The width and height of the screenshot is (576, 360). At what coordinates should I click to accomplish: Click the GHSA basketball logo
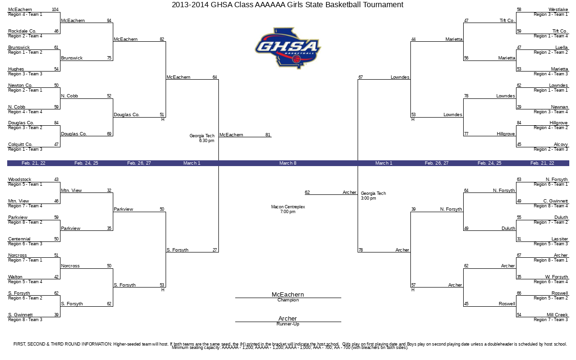(288, 48)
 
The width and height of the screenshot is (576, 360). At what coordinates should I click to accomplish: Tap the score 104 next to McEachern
(55, 10)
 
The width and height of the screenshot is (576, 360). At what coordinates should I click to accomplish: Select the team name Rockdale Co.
(22, 31)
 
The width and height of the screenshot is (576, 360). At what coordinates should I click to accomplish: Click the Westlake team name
(558, 10)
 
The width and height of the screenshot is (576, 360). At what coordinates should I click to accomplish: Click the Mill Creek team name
(557, 314)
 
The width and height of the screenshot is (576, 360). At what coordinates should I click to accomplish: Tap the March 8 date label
(288, 163)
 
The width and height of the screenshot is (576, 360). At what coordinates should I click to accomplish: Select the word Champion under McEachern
(288, 300)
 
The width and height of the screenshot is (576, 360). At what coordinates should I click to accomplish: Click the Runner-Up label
(288, 324)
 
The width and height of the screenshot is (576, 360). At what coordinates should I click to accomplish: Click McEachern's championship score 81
(268, 134)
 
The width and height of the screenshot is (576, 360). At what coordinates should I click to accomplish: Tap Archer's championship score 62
(307, 192)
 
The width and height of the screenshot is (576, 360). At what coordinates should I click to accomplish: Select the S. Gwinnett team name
(20, 314)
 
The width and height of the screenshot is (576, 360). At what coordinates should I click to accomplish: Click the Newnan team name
(560, 107)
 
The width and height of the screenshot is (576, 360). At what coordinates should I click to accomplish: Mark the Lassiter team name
(560, 239)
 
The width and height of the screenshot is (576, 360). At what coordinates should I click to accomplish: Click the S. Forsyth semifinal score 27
(215, 250)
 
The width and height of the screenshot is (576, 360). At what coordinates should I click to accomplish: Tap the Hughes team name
(16, 69)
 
